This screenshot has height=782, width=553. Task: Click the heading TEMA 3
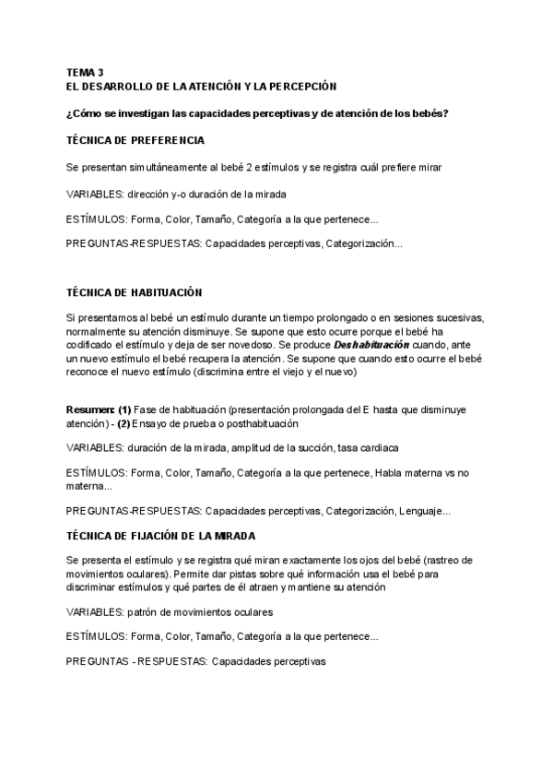(x=86, y=72)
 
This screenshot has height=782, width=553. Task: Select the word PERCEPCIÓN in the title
(x=300, y=86)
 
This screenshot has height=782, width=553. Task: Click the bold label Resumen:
(x=90, y=409)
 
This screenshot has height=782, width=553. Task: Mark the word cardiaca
(x=377, y=448)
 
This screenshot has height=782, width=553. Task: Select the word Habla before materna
(x=392, y=474)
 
